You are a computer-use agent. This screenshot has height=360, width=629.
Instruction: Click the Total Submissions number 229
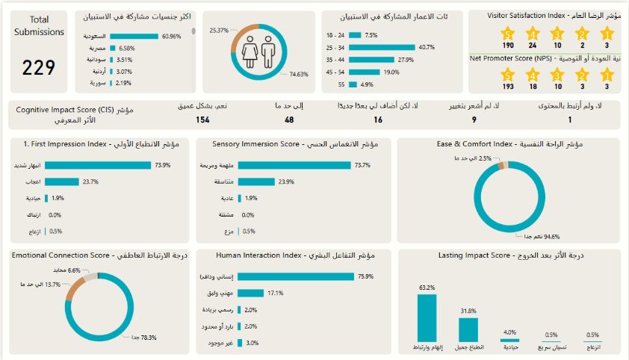click(x=38, y=68)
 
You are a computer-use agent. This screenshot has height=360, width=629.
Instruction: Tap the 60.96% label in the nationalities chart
click(x=171, y=36)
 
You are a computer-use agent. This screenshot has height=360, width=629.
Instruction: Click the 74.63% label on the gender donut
click(x=299, y=74)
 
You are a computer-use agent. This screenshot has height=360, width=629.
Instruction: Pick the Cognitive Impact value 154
click(x=202, y=120)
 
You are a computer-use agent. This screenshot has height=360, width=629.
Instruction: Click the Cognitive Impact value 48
click(x=288, y=120)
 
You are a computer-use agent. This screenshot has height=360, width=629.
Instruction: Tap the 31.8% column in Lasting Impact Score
click(x=468, y=329)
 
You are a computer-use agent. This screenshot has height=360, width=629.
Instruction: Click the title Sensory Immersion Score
click(x=294, y=143)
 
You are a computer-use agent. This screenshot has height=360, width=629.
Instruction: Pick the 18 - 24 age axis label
click(x=335, y=35)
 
